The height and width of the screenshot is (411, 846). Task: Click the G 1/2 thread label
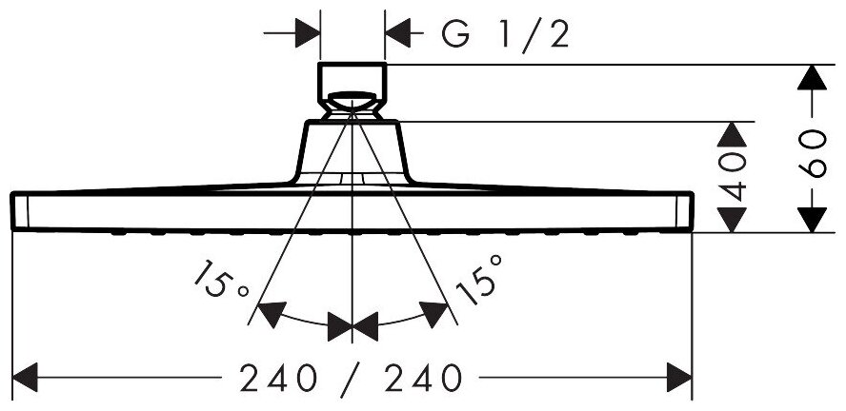point(506,35)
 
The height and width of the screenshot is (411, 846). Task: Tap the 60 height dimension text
point(811,149)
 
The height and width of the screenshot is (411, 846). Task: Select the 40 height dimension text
point(732,177)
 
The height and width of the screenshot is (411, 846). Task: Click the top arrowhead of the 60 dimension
point(811,77)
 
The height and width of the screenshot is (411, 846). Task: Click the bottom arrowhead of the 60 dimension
point(811,220)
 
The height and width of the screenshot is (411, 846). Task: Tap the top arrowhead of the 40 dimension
point(732,133)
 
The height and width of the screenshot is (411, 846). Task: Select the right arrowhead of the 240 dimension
point(678,379)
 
